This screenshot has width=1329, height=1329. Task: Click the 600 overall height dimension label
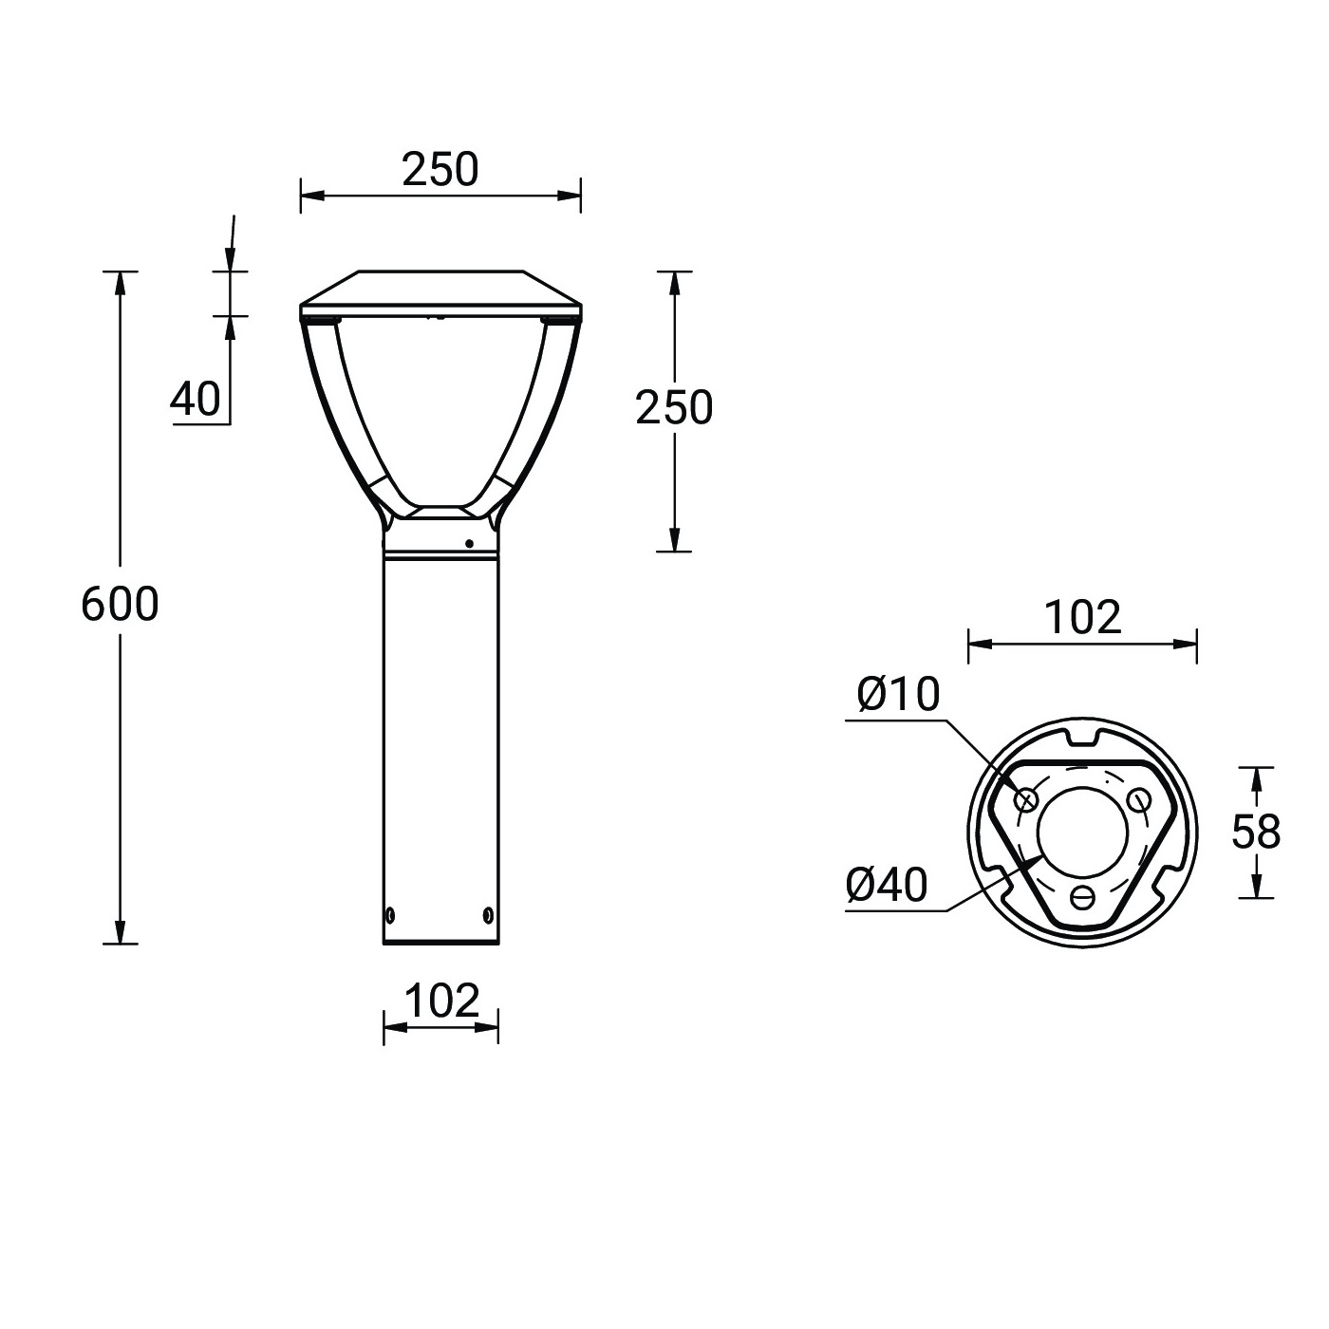[120, 604]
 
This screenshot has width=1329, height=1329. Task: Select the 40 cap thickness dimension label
[196, 399]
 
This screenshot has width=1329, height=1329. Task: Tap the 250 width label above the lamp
[440, 170]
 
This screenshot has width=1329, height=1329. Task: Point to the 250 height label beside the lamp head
[673, 407]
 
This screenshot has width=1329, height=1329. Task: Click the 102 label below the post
[441, 1001]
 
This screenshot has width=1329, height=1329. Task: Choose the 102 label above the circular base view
[1082, 617]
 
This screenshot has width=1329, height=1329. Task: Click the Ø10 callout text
[897, 695]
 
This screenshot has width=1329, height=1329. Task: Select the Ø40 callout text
[887, 886]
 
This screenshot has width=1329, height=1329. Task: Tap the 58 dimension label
[1255, 833]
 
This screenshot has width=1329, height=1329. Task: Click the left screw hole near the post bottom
[389, 915]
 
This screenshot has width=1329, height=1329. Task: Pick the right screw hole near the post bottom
[488, 915]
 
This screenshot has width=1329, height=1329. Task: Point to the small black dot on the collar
[469, 544]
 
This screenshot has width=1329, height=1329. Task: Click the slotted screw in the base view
[1082, 896]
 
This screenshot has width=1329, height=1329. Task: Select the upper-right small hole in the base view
[1138, 801]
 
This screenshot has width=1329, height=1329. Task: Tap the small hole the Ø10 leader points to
[1026, 801]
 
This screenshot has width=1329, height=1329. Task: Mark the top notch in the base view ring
[1082, 734]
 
